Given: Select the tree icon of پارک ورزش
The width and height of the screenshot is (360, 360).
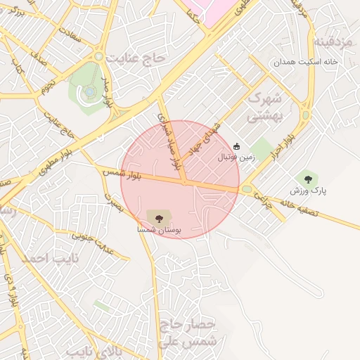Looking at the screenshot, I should pyautogui.click(x=307, y=179).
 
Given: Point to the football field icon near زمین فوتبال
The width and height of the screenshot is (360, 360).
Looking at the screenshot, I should pyautogui.click(x=236, y=147).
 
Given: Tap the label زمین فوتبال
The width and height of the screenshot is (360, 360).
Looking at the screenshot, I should pyautogui.click(x=237, y=158).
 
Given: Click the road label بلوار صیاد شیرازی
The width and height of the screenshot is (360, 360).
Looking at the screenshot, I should pyautogui.click(x=169, y=141).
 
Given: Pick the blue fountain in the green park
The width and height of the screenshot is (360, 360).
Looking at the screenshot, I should pyautogui.click(x=89, y=91).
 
